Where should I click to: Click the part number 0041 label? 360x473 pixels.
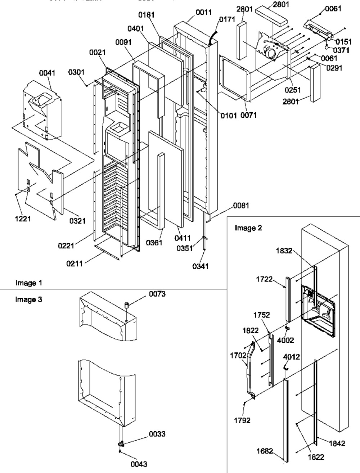[47, 73]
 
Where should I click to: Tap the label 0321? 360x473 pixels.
[77, 221]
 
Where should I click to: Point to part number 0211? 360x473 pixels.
[74, 263]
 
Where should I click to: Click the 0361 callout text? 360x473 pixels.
[154, 243]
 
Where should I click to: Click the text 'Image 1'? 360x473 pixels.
[29, 283]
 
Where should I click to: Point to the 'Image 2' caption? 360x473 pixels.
[249, 228]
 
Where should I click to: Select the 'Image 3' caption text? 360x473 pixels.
[29, 299]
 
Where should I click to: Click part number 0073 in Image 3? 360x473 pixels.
[157, 295]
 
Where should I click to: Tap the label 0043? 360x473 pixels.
[139, 464]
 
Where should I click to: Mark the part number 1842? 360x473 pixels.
[337, 443]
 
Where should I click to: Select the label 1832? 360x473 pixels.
[284, 252]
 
